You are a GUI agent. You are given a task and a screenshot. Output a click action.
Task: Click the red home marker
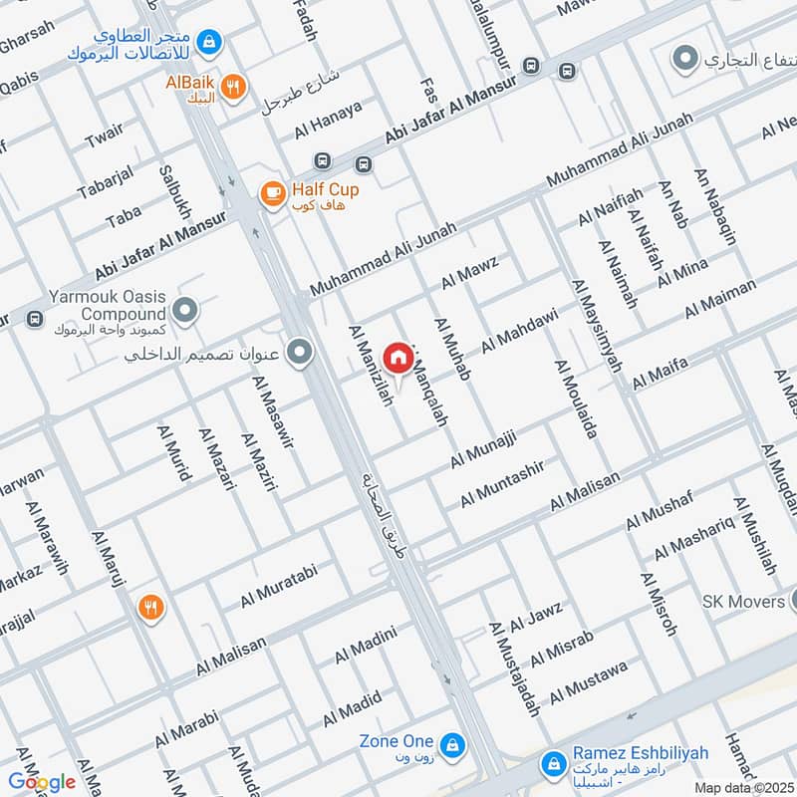point(398,357)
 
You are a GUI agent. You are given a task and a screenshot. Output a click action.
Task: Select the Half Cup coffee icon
point(271,195)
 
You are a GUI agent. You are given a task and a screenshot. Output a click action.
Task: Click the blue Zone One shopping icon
point(450,743)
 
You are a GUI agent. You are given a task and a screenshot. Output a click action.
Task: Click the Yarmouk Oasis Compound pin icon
point(183,310)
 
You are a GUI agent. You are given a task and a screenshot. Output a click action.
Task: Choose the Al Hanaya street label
point(328,120)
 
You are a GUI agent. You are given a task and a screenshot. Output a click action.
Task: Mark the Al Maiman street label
point(720,299)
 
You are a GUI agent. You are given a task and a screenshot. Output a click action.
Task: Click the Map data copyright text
point(744,787)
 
